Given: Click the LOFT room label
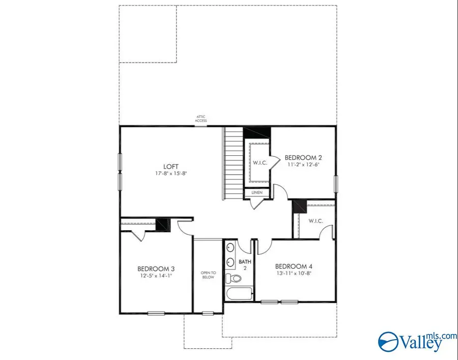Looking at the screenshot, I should click(170, 166).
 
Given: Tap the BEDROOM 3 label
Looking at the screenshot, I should click(156, 268).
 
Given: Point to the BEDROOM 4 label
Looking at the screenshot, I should click(294, 266).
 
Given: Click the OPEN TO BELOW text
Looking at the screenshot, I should click(208, 275).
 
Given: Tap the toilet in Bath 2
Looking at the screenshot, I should click(235, 279).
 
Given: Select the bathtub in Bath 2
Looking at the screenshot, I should click(238, 294).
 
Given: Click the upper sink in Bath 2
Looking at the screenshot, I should click(230, 248).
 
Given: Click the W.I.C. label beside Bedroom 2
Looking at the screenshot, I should click(258, 163).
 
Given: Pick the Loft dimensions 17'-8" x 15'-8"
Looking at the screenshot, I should click(170, 173).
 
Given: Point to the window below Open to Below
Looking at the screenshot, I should click(208, 313).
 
